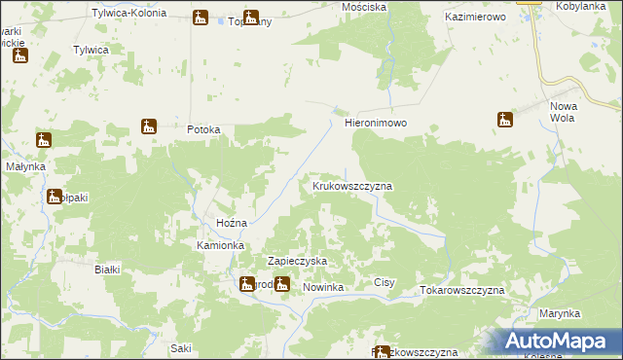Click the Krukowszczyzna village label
[x=351, y=185]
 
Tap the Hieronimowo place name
[x=375, y=125]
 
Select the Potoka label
[x=204, y=129]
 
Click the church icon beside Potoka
[x=149, y=126]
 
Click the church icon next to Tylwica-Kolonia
[x=201, y=17]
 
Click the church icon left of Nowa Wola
[x=504, y=120]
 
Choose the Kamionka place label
[x=219, y=246]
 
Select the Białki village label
[x=106, y=270]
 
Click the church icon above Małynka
[x=43, y=140]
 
